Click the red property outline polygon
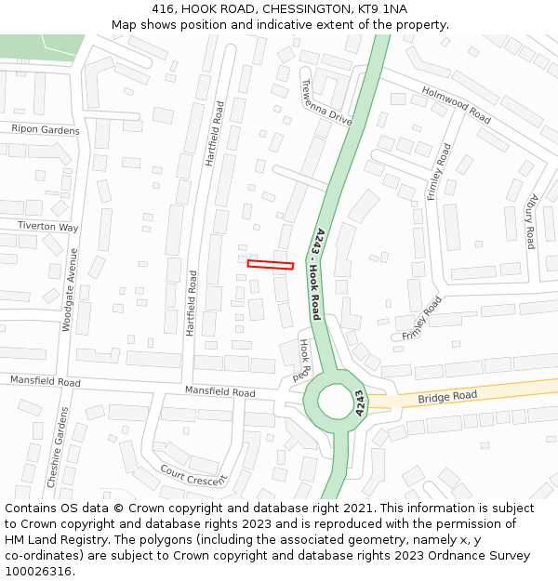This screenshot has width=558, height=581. click(x=271, y=265)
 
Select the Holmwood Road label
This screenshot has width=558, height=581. click(x=456, y=104)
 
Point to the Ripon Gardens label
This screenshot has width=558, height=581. click(x=46, y=130)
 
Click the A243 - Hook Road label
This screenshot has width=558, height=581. click(x=316, y=274)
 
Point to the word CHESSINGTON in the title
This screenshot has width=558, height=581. click(x=302, y=9)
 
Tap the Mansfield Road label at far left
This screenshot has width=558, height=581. click(x=46, y=381)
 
